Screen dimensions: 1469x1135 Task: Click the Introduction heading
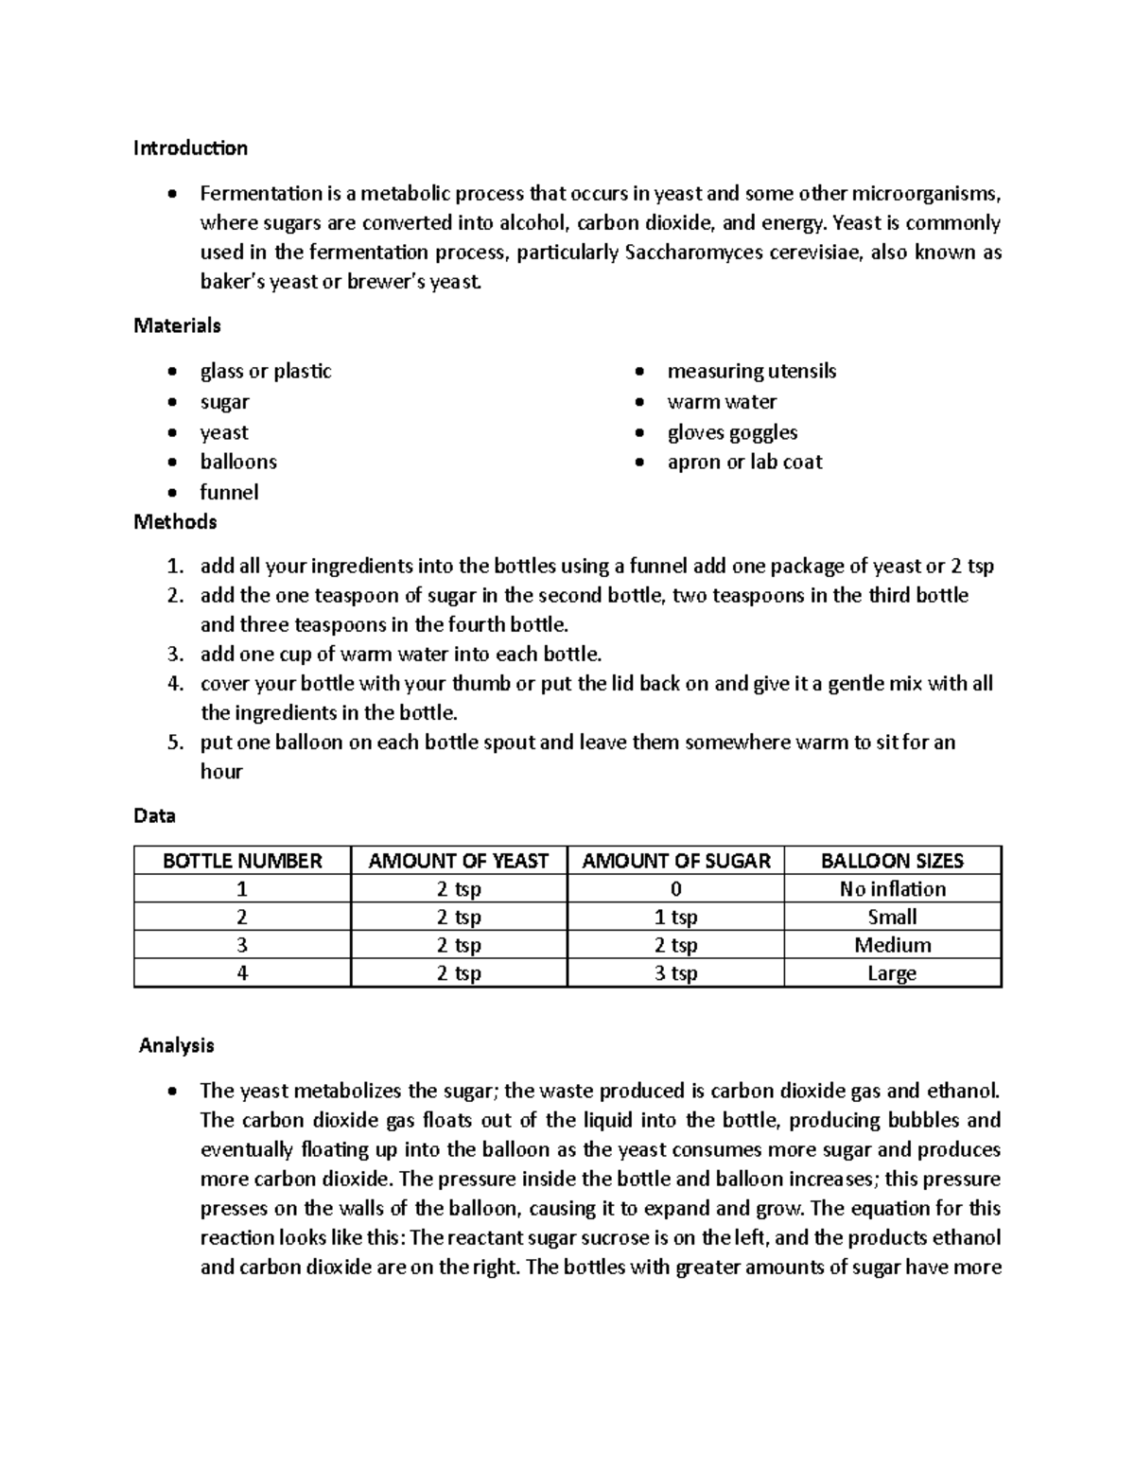(190, 149)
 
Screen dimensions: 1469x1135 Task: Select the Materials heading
(177, 326)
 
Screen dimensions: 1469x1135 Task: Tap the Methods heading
(175, 522)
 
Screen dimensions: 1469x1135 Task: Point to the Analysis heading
(176, 1045)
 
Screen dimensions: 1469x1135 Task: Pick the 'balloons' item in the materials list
(238, 463)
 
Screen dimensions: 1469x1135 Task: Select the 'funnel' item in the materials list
(229, 493)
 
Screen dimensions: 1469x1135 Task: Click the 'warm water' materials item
(722, 402)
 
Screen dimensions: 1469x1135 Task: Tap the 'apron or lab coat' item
(744, 463)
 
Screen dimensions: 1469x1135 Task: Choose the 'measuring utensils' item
(751, 372)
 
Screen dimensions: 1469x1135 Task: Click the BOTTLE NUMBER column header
(242, 861)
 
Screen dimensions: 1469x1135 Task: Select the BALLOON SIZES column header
(892, 861)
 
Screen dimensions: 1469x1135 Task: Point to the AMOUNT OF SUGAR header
(675, 861)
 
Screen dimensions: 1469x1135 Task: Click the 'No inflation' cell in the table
(892, 889)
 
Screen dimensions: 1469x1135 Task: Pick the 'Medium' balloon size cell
(892, 945)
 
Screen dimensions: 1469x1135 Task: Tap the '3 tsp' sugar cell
(675, 973)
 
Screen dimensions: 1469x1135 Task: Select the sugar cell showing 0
(675, 889)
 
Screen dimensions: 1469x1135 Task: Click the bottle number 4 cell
(242, 973)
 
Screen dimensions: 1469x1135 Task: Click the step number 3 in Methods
(174, 655)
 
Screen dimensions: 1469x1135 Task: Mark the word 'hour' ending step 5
(221, 772)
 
